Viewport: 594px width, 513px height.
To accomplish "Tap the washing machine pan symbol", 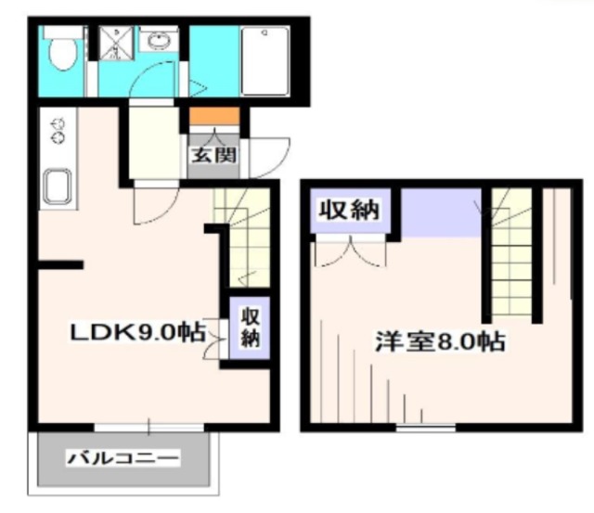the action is point(116,44).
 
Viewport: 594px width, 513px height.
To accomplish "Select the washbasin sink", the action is point(159,39).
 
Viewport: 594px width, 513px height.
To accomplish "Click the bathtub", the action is point(265,61).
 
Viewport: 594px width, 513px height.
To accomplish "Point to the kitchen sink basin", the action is point(58,186).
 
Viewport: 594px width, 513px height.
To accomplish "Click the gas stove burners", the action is point(58,131).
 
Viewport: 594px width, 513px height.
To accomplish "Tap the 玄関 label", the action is point(214,155).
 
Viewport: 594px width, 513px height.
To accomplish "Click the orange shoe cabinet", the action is point(214,115).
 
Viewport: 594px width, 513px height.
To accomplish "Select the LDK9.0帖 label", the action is point(138,332).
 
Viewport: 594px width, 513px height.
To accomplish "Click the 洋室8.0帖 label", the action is point(440,341).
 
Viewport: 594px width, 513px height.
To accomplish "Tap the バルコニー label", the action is point(123,458).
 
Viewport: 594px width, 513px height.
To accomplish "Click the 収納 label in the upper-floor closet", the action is point(349,210).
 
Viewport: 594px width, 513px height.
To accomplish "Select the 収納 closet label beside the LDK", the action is point(250,327).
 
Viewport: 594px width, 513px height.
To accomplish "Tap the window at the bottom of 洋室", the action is point(425,429).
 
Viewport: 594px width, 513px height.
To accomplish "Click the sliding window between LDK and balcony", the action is point(148,428).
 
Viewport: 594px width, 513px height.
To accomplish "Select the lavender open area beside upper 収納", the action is point(441,212).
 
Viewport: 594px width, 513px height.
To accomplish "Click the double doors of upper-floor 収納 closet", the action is point(351,251).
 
